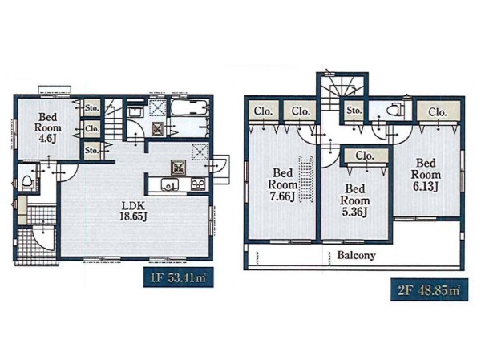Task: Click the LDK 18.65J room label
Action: tap(133, 211)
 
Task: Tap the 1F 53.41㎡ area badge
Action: tap(178, 277)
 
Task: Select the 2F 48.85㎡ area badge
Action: tap(429, 290)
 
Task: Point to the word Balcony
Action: tap(356, 255)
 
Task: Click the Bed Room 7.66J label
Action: tap(282, 184)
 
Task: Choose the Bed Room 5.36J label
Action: tap(354, 200)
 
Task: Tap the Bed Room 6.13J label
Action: tap(426, 174)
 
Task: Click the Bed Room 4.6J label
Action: tap(48, 127)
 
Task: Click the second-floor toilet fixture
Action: tap(395, 110)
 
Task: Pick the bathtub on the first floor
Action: tap(189, 107)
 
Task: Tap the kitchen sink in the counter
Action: tap(170, 185)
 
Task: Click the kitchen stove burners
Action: tap(198, 184)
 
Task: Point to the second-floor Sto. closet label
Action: tap(354, 110)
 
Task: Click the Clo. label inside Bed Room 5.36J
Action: tap(365, 156)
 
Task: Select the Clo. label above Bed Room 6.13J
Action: tap(438, 112)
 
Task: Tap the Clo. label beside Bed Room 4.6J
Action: tap(92, 128)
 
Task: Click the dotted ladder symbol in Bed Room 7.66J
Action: tap(306, 179)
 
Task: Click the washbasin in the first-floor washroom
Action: tap(135, 112)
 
